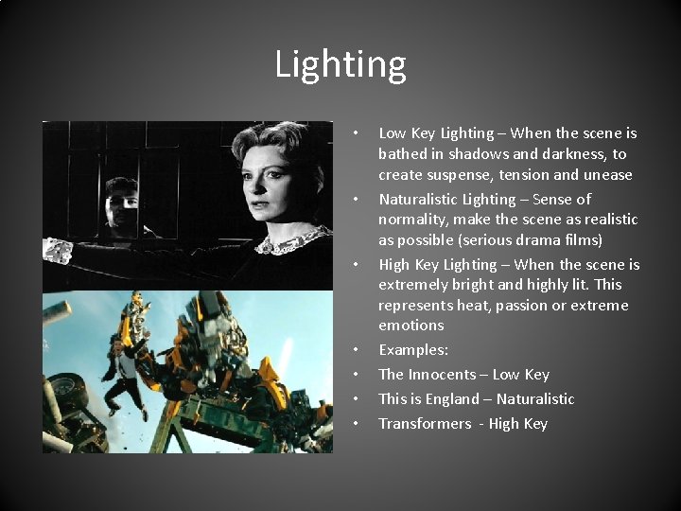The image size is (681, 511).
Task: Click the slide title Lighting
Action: [340, 64]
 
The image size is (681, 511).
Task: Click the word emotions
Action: [410, 326]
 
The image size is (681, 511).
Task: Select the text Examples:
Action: [413, 350]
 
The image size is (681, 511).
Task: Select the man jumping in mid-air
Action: [122, 374]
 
